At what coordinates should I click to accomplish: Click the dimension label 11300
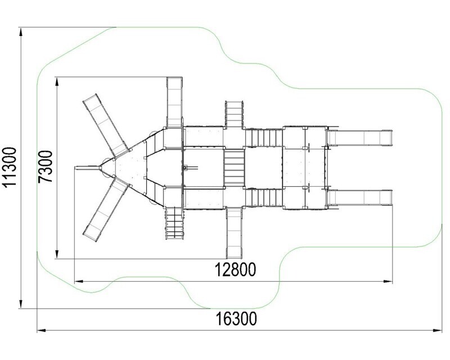tap(10, 167)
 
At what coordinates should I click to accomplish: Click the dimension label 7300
tap(46, 166)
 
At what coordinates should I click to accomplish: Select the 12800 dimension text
tap(235, 270)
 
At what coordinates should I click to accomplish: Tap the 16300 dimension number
tap(236, 319)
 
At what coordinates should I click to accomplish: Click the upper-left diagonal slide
tap(106, 125)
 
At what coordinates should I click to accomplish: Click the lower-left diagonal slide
tap(106, 209)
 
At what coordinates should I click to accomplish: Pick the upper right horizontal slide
tap(360, 138)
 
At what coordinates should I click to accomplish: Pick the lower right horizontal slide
tap(360, 197)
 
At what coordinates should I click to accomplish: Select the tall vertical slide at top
tap(174, 102)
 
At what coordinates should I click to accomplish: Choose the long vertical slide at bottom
tap(234, 233)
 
